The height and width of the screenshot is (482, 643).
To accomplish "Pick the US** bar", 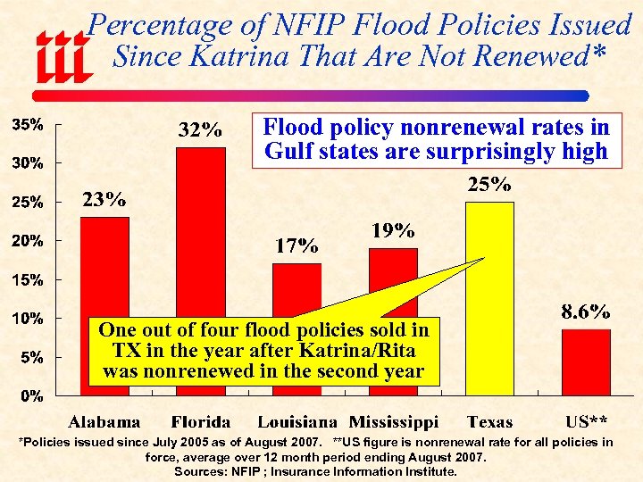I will [586, 361].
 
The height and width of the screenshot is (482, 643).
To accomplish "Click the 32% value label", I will [200, 130].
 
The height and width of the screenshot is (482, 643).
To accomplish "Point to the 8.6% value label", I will [585, 312].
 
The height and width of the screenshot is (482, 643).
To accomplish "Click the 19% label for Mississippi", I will [392, 230].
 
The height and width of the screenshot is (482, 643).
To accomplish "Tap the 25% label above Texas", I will [490, 185].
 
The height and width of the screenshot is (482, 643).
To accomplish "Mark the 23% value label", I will [104, 199].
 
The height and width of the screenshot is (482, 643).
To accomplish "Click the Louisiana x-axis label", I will [297, 422].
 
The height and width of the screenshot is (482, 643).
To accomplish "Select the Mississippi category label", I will [394, 422].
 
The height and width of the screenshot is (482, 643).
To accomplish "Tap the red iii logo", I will [62, 56].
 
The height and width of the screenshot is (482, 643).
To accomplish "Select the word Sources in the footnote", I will [201, 471].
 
